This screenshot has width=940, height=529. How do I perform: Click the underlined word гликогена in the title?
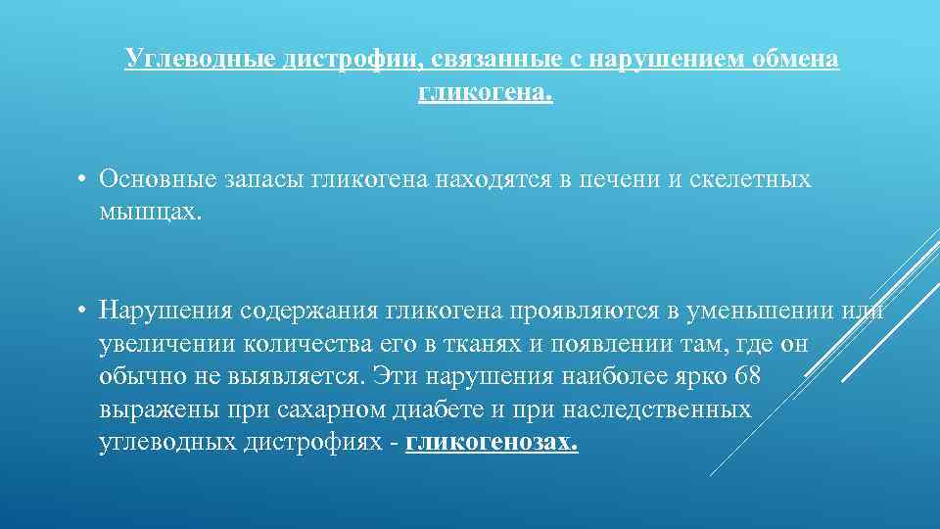pyautogui.click(x=485, y=93)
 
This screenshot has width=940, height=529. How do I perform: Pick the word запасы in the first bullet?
pyautogui.click(x=266, y=179)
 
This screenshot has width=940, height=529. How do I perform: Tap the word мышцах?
pyautogui.click(x=149, y=212)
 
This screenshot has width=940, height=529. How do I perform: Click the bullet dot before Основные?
pyautogui.click(x=85, y=179)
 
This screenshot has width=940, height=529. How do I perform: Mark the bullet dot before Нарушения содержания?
pyautogui.click(x=85, y=311)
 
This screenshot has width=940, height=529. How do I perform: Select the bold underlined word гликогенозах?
pyautogui.click(x=491, y=443)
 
